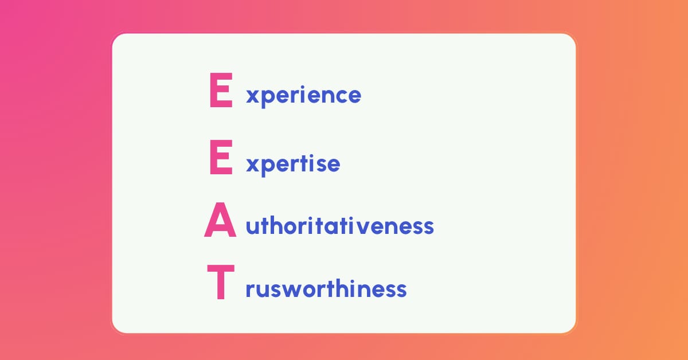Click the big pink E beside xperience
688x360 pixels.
[x=221, y=90]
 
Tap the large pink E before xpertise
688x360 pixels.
[x=221, y=157]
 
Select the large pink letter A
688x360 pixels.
[x=220, y=220]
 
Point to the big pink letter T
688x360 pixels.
[x=221, y=281]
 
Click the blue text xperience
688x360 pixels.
[x=303, y=96]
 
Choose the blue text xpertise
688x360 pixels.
[x=293, y=165]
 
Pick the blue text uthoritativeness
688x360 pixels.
[x=339, y=226]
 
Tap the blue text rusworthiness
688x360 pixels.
[x=326, y=289]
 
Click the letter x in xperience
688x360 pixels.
[x=252, y=96]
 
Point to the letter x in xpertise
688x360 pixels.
[x=252, y=165]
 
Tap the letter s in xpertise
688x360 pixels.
[x=321, y=165]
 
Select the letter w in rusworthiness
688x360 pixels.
[x=292, y=290]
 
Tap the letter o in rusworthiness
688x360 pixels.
[x=310, y=290]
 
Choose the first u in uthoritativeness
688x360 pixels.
[x=252, y=228]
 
